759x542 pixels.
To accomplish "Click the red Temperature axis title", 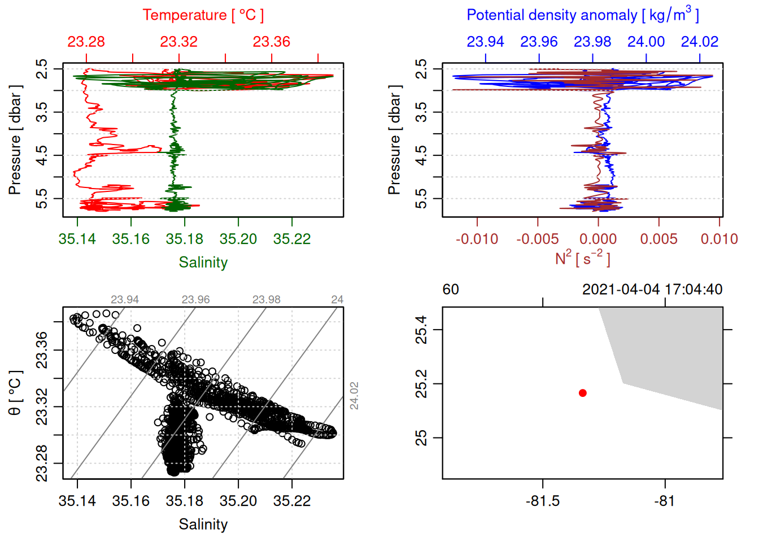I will click(x=203, y=15).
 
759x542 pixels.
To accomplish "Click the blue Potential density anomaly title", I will click(x=582, y=15).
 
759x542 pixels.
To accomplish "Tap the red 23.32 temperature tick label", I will click(x=178, y=42).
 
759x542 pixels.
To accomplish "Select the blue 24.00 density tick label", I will click(x=646, y=42).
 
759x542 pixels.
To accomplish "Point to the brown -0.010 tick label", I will click(x=477, y=239).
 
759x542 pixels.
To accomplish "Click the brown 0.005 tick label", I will click(x=659, y=239).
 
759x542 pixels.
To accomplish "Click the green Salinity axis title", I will click(x=203, y=263).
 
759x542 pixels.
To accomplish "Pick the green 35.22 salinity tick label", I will click(x=292, y=239).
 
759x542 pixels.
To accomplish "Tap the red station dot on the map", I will click(x=583, y=393).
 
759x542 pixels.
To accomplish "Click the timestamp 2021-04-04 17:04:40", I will click(x=652, y=290).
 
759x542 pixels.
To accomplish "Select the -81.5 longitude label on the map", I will click(x=543, y=501).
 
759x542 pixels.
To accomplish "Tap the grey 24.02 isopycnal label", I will click(x=354, y=395).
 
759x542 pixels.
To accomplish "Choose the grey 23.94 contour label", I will click(x=125, y=300).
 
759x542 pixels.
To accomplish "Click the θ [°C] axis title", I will click(x=15, y=393).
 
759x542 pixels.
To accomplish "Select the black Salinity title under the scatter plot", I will click(x=203, y=524).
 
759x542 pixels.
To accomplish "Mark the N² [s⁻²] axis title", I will click(x=582, y=258).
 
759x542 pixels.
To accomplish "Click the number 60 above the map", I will click(x=451, y=290).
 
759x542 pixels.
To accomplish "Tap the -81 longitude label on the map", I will click(x=665, y=501).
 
